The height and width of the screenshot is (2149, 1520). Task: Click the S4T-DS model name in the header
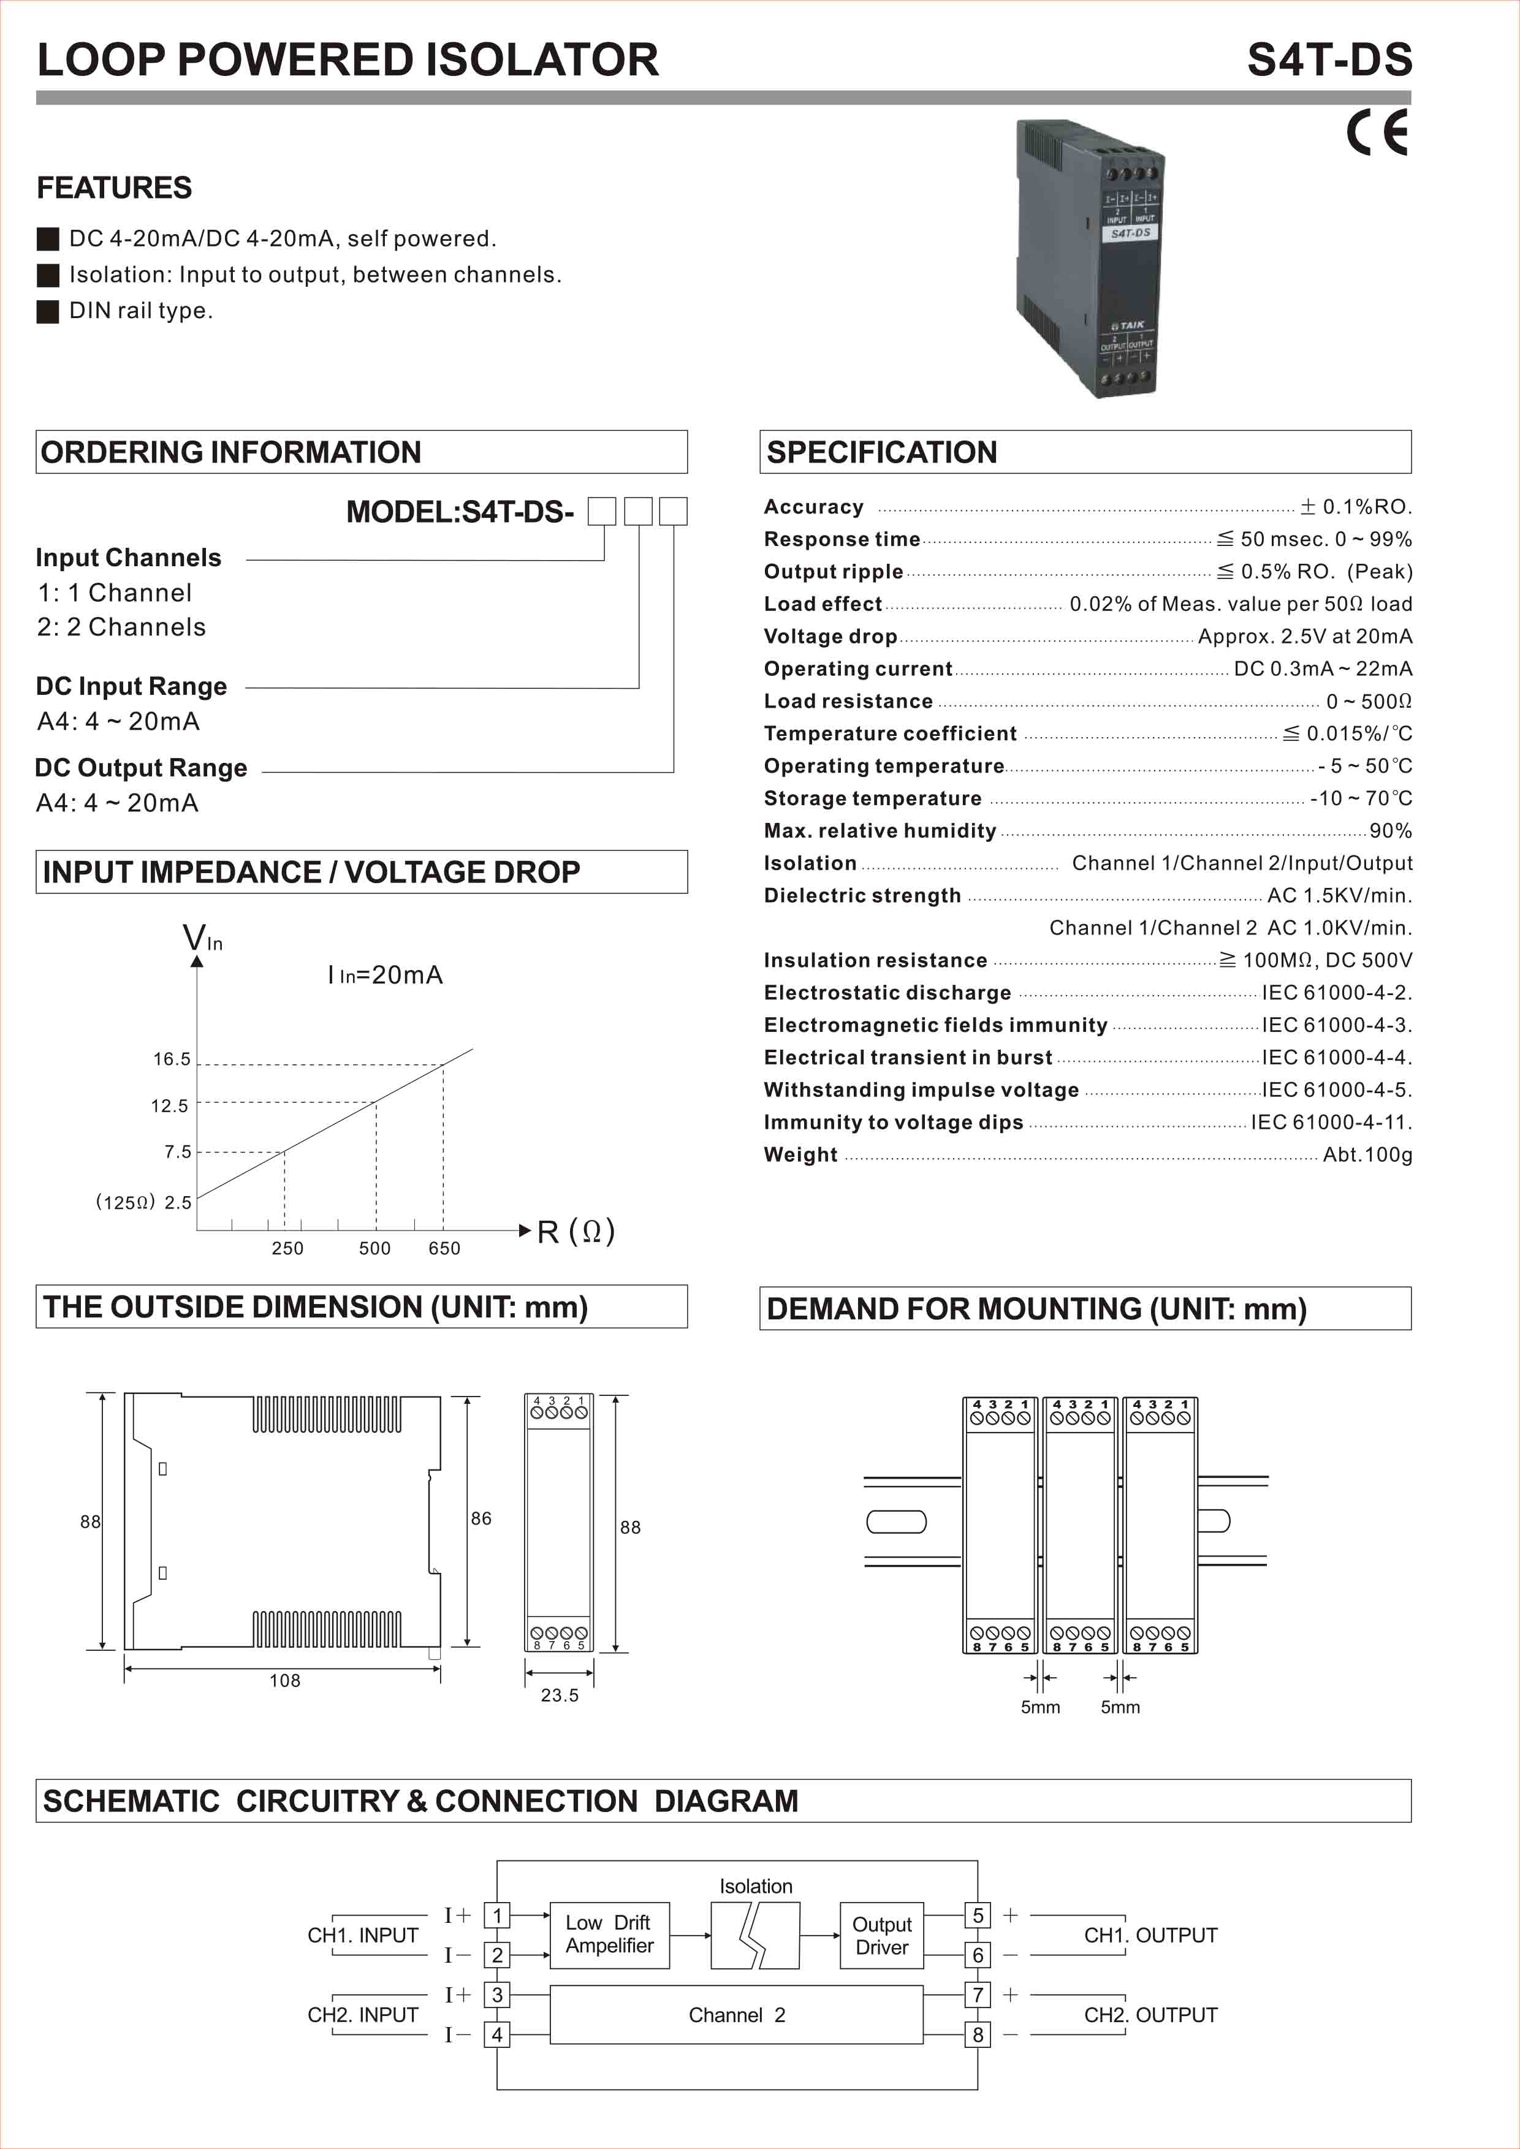point(1329,60)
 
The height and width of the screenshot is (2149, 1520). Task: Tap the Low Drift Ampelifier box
point(609,1935)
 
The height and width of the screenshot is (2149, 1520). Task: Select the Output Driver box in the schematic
point(882,1936)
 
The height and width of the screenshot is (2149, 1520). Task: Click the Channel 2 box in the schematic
point(737,2015)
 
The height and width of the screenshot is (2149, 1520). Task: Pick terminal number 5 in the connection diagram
point(978,1915)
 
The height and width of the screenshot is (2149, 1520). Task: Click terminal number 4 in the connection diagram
point(497,2035)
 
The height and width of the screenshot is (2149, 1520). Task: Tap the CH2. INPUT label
point(362,2015)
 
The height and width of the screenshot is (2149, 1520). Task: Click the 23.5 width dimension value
point(560,1695)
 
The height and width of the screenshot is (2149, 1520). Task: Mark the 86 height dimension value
point(481,1518)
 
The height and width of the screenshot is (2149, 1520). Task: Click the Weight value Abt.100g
point(1367,1155)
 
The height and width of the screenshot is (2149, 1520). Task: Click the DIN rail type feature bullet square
point(48,312)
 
